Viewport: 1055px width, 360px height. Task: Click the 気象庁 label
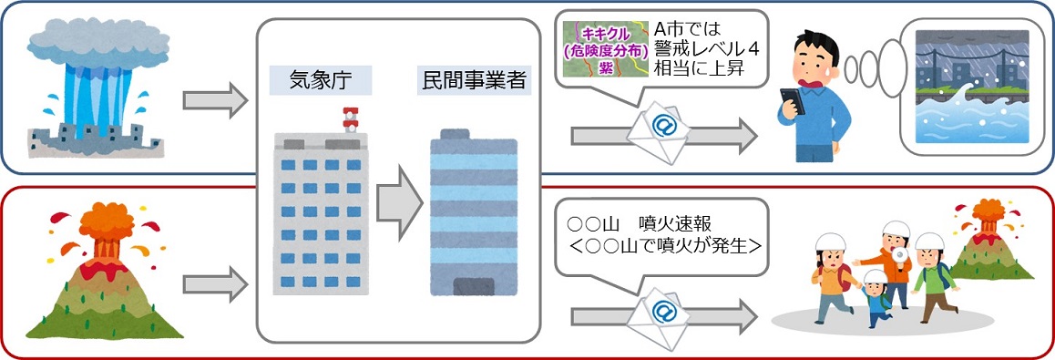click(320, 80)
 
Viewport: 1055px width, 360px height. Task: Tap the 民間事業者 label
click(473, 80)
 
